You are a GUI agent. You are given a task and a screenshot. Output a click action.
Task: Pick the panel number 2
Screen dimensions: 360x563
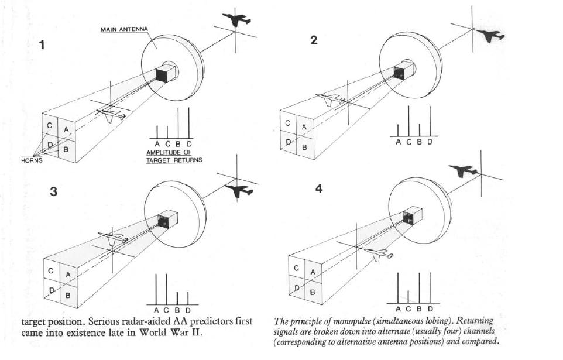coord(314,40)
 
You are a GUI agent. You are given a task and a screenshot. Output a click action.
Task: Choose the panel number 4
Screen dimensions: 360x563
coord(318,190)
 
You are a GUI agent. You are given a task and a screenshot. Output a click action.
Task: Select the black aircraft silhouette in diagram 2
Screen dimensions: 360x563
coord(491,36)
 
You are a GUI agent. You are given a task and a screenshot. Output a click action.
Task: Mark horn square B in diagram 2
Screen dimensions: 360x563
coord(304,146)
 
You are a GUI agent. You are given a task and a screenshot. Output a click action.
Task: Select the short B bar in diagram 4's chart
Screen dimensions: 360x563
coord(408,296)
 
